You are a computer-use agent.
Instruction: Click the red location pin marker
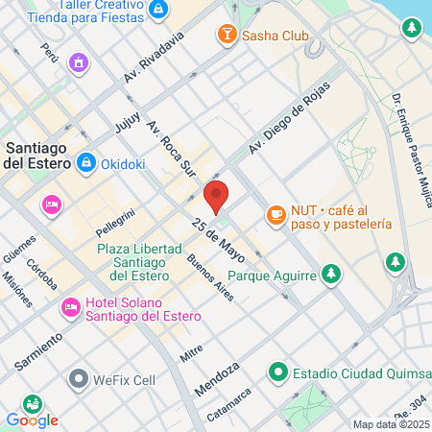[x=217, y=197]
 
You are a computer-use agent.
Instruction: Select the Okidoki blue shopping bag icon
[x=86, y=163]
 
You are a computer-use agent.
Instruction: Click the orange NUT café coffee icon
[x=276, y=213]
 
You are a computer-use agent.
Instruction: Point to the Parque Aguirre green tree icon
[x=331, y=275]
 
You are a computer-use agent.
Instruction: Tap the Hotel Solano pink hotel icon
[x=70, y=307]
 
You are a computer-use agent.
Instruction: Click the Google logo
[x=32, y=420]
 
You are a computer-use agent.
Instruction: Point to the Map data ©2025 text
[x=390, y=424]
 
